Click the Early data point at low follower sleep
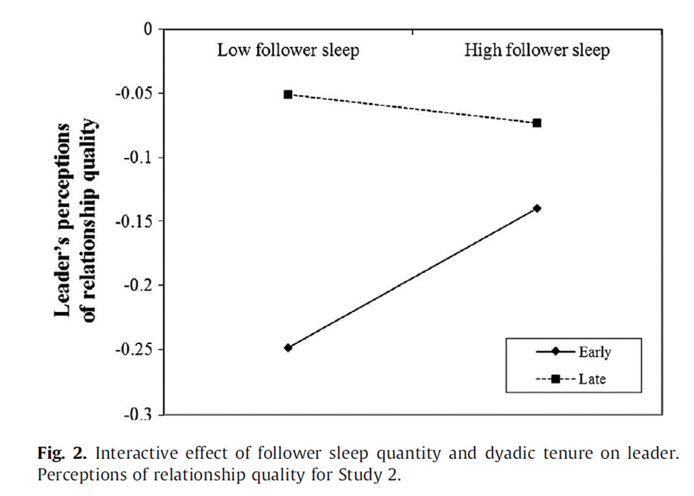[x=288, y=347]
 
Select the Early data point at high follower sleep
[x=537, y=208]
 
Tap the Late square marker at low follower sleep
[x=288, y=94]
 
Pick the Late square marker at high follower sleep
[x=537, y=122]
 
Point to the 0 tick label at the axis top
[x=148, y=30]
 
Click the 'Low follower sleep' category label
[x=288, y=50]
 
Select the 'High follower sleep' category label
[x=537, y=50]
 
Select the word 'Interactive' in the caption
[x=120, y=453]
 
